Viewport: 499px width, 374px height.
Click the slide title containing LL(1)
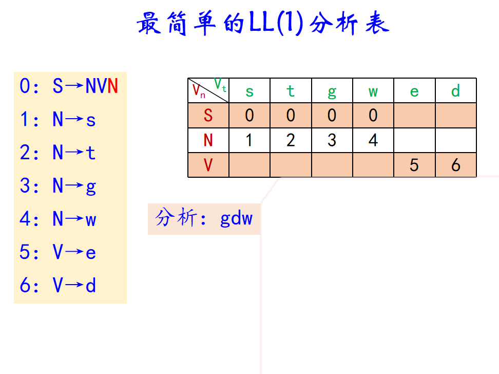click(263, 24)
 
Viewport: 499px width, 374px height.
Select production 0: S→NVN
click(69, 86)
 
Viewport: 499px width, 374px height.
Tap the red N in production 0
click(113, 86)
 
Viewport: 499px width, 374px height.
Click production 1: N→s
click(57, 120)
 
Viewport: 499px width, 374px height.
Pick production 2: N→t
click(57, 153)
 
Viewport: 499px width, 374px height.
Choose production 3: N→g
click(57, 186)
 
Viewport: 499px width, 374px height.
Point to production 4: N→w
click(57, 219)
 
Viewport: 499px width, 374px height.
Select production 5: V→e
click(57, 252)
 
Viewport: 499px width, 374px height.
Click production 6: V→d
click(57, 286)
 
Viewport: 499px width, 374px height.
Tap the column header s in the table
click(249, 91)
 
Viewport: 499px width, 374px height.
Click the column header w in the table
click(373, 91)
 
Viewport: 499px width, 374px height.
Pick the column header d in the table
click(455, 91)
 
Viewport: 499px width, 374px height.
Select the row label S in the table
click(208, 115)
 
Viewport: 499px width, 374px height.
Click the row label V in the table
click(208, 165)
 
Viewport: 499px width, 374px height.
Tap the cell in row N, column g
click(332, 140)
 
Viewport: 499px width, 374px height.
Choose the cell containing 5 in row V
click(414, 165)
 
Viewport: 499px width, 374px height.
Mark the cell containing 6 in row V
click(455, 165)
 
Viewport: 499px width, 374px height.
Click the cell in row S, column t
click(291, 115)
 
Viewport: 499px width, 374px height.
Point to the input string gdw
click(236, 219)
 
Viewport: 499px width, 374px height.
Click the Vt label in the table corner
click(220, 84)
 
